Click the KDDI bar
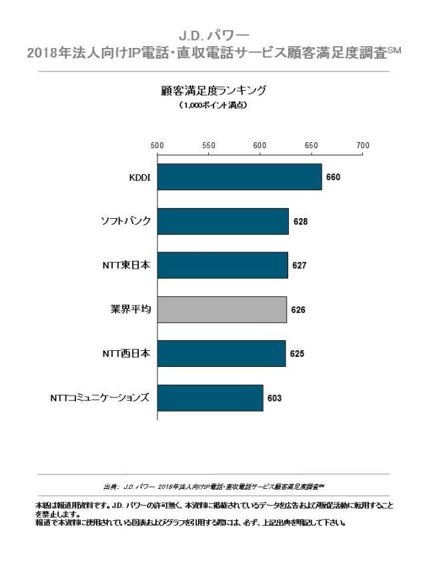click(x=240, y=177)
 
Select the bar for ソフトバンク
click(x=224, y=221)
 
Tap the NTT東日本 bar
click(x=223, y=265)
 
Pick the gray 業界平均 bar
click(x=222, y=310)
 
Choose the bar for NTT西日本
click(x=222, y=354)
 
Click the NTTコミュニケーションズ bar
click(x=210, y=398)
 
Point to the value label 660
click(x=333, y=177)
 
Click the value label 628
click(x=300, y=221)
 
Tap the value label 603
click(x=274, y=398)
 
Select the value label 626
click(x=298, y=310)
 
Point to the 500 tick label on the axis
click(x=157, y=145)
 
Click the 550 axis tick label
click(x=209, y=145)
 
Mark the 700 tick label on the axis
click(x=362, y=145)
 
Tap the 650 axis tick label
click(x=311, y=145)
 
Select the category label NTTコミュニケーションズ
click(x=99, y=398)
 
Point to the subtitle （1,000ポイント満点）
click(x=213, y=105)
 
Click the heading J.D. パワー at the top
click(x=213, y=33)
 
